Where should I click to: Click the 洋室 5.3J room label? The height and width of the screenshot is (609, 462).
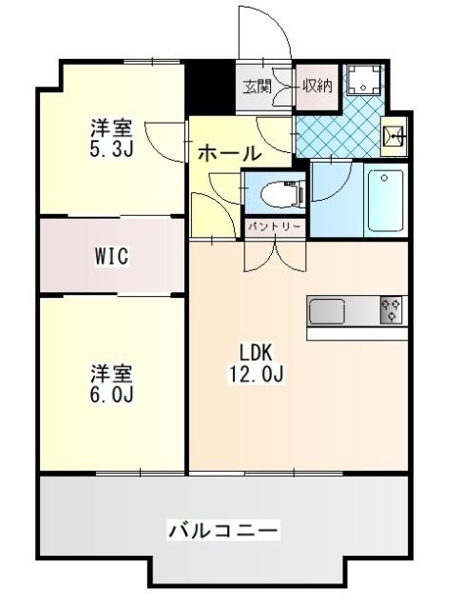tap(112, 137)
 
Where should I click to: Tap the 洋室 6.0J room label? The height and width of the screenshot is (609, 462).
tap(112, 383)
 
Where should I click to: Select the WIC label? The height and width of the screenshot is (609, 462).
tap(111, 256)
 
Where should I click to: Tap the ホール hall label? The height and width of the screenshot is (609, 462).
tap(229, 152)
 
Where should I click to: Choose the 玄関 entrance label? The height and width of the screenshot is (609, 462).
tap(257, 87)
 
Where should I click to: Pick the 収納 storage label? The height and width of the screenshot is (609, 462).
tap(317, 87)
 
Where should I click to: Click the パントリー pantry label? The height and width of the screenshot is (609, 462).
tap(277, 227)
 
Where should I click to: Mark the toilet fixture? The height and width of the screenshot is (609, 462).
tap(280, 195)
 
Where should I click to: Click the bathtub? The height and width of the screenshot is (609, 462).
tap(385, 202)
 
